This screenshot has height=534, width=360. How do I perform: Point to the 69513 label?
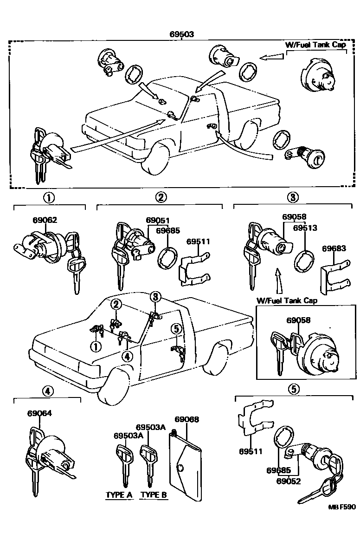pyautogui.click(x=305, y=228)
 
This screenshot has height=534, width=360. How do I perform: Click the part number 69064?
pyautogui.click(x=39, y=413)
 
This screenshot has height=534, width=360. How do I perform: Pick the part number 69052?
pyautogui.click(x=289, y=481)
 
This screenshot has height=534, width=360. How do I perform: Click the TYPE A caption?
pyautogui.click(x=119, y=495)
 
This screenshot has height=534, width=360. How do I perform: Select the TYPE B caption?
pyautogui.click(x=154, y=495)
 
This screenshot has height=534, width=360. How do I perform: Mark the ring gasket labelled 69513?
pyautogui.click(x=303, y=260)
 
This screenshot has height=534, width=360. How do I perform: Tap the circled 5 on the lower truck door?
pyautogui.click(x=175, y=329)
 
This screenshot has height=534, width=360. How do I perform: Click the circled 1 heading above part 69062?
pyautogui.click(x=49, y=197)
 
